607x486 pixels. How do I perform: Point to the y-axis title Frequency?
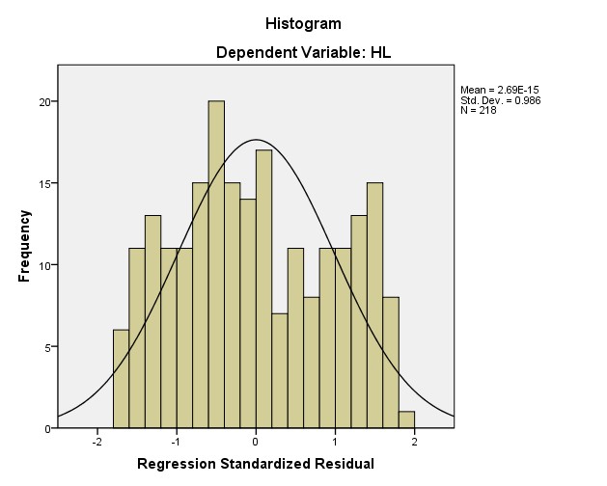click(24, 248)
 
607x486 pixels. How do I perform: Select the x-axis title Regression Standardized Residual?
click(256, 465)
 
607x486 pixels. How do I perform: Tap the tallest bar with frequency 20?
click(216, 264)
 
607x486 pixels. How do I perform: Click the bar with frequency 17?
click(263, 289)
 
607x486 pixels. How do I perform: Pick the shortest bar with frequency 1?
click(406, 420)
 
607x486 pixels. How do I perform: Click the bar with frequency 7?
click(280, 371)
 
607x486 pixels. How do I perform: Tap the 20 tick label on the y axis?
click(42, 101)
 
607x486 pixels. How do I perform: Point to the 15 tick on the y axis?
click(42, 183)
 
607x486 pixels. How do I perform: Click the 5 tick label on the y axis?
click(45, 347)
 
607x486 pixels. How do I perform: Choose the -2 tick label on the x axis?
click(97, 442)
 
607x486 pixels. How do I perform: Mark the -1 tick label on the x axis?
click(176, 442)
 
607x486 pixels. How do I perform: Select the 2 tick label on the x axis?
click(415, 442)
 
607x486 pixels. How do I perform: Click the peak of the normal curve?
click(256, 141)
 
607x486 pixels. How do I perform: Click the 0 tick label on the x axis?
click(256, 442)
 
